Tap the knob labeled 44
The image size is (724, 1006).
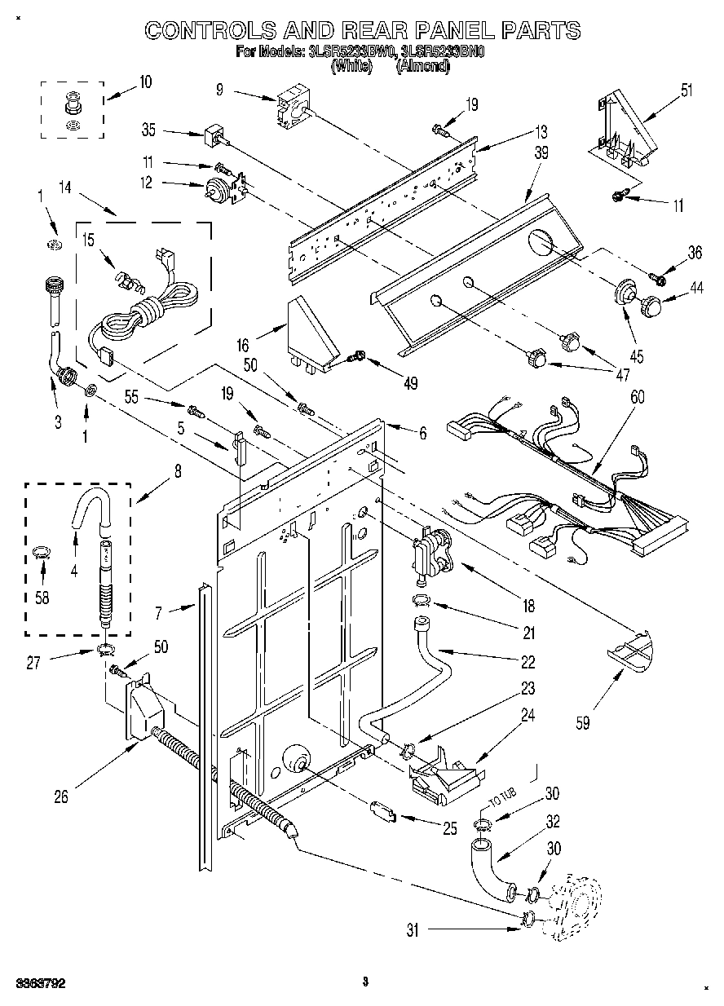click(650, 307)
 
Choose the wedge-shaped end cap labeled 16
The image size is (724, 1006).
click(311, 335)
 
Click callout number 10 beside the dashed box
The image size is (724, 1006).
click(144, 82)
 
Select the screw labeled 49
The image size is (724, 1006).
click(356, 355)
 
